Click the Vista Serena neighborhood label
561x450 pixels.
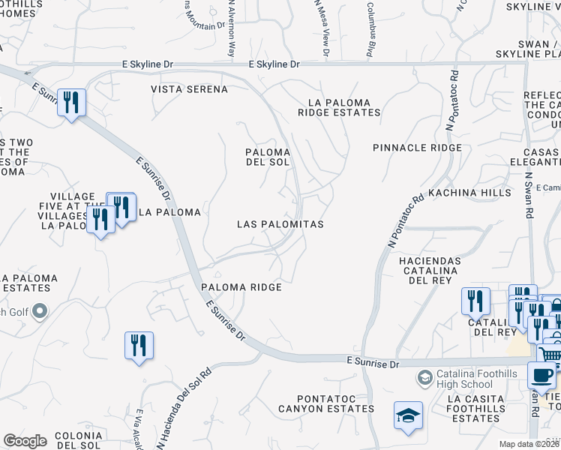tap(189, 89)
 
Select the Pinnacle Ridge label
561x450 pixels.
tap(417, 148)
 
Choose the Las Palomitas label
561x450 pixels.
tap(280, 224)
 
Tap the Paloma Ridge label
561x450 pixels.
tap(241, 287)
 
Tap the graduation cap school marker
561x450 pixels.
tap(408, 415)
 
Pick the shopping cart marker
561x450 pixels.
tap(550, 353)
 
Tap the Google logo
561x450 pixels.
tap(25, 440)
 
